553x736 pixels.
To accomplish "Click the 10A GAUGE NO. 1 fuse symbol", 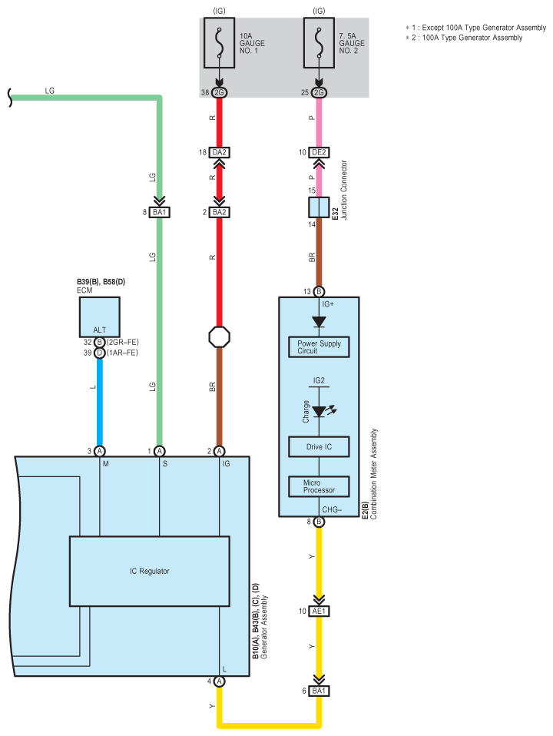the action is (219, 43).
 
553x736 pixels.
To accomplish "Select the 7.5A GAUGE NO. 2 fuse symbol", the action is (319, 43).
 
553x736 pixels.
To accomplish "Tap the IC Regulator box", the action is (149, 571).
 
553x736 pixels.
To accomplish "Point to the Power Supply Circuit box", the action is (319, 347).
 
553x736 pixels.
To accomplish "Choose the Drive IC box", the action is (319, 447).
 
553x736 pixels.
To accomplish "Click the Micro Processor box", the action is (319, 486).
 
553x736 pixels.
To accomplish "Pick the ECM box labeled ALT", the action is (100, 317).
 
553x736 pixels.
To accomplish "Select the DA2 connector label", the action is (219, 152).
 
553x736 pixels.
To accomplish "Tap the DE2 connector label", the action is (319, 152).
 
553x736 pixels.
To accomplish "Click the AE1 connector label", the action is (319, 611).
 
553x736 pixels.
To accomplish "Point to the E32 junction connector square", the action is (319, 207).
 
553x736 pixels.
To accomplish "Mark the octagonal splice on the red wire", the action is (219, 337).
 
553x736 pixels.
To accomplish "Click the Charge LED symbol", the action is (320, 412).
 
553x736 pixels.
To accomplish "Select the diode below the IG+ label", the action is (319, 322).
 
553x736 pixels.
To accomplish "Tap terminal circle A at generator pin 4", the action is (219, 681).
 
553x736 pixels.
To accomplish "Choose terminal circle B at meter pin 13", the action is (319, 291).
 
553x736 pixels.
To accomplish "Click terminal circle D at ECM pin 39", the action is (100, 353).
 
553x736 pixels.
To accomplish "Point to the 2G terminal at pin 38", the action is (219, 92).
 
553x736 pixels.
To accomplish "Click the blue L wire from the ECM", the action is (100, 402).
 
